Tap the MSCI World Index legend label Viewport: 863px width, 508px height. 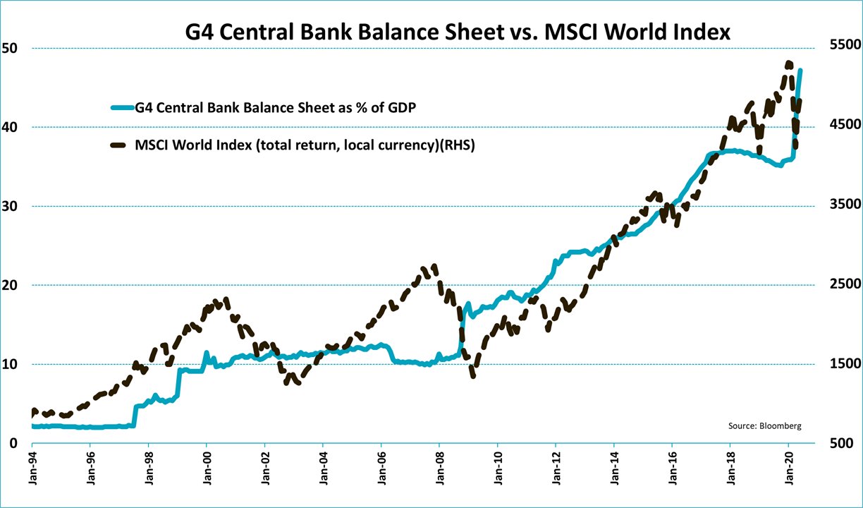click(305, 146)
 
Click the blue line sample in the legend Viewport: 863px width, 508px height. click(122, 107)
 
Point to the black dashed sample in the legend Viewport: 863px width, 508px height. click(122, 146)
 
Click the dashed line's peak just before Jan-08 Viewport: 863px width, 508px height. click(434, 267)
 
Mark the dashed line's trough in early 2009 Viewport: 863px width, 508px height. click(472, 375)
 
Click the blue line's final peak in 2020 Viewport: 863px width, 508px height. click(800, 70)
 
